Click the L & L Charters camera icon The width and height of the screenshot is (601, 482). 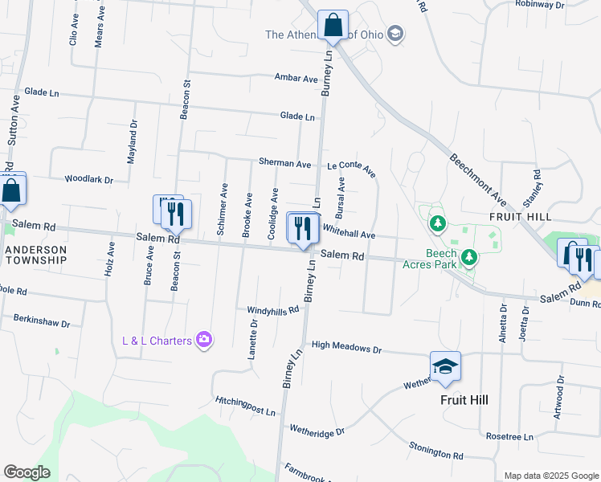point(204,340)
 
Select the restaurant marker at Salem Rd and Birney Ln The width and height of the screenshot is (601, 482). point(303,228)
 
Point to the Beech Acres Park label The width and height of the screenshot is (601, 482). point(441,258)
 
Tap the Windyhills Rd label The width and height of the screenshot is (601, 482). point(268,310)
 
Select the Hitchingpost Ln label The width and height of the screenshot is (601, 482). point(245,405)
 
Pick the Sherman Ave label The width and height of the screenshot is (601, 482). point(284,163)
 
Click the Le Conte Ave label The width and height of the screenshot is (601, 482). point(352,168)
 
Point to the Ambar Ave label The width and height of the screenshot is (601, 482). point(297,78)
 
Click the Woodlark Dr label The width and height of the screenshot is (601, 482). point(88,179)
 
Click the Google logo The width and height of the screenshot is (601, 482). point(27,472)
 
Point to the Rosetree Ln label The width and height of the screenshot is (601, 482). point(509,436)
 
